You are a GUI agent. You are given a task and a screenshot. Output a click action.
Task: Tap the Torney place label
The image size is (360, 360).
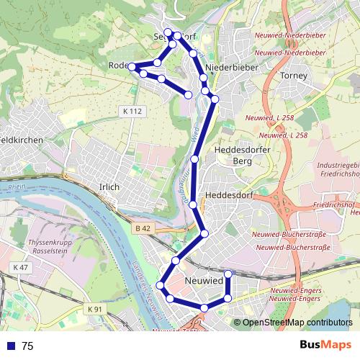click(293, 76)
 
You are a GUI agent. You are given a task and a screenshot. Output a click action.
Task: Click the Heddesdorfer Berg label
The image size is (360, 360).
click(233, 155)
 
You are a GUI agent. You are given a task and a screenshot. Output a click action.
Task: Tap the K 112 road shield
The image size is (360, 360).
click(133, 111)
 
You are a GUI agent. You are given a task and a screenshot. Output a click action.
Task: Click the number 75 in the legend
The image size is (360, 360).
click(27, 346)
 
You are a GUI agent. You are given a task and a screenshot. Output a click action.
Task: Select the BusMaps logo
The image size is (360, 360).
click(325, 346)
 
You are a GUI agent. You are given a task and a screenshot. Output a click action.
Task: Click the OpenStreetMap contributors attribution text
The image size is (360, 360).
click(297, 323)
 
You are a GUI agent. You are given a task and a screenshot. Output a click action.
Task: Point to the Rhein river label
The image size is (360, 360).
click(16, 187)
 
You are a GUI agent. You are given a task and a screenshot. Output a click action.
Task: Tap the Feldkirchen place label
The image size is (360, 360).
click(22, 140)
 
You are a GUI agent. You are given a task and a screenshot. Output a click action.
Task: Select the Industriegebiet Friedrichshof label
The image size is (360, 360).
click(338, 170)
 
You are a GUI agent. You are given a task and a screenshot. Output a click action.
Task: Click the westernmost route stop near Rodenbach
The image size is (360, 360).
click(132, 67)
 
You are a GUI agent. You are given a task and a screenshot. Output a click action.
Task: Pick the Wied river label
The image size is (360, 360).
click(194, 135)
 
